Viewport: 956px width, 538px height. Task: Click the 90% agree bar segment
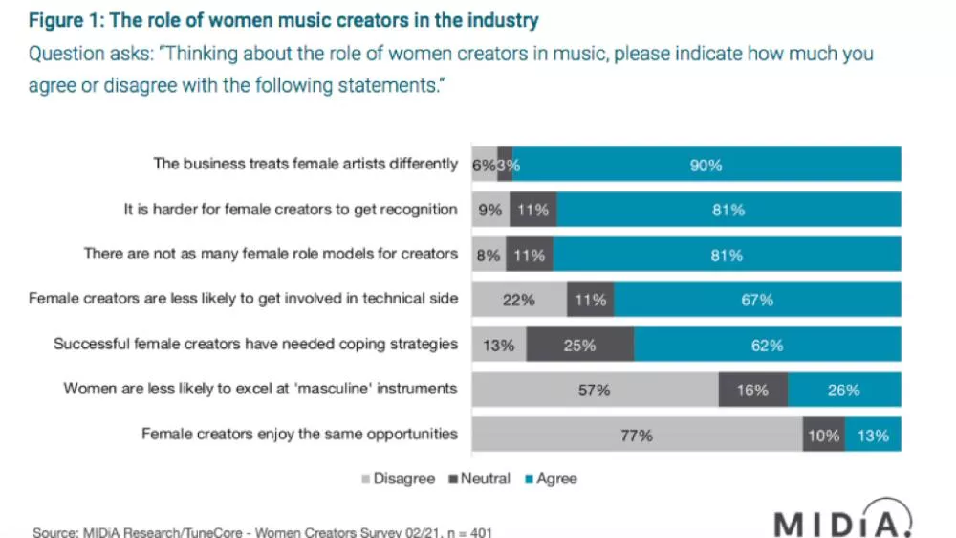(x=706, y=165)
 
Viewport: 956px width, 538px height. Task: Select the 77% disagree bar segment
(x=638, y=436)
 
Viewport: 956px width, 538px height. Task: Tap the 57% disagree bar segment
(x=596, y=391)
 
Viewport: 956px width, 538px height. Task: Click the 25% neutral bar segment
(x=580, y=346)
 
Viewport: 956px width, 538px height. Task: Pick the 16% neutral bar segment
(x=753, y=391)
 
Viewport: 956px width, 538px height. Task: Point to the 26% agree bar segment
(x=844, y=391)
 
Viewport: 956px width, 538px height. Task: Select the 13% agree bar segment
(x=873, y=436)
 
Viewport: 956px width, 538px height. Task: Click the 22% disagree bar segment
(x=520, y=301)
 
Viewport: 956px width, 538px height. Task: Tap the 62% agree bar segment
(x=768, y=346)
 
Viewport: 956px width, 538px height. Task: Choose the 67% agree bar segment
(x=757, y=301)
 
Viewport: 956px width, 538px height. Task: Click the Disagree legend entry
(x=399, y=478)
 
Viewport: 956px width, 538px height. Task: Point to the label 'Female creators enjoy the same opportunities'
(x=300, y=434)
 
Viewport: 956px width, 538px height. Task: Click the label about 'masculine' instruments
(x=261, y=389)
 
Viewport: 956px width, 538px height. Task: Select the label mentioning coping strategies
(x=256, y=344)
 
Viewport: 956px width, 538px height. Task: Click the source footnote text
(x=262, y=531)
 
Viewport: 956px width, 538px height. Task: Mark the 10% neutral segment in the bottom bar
(x=823, y=436)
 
